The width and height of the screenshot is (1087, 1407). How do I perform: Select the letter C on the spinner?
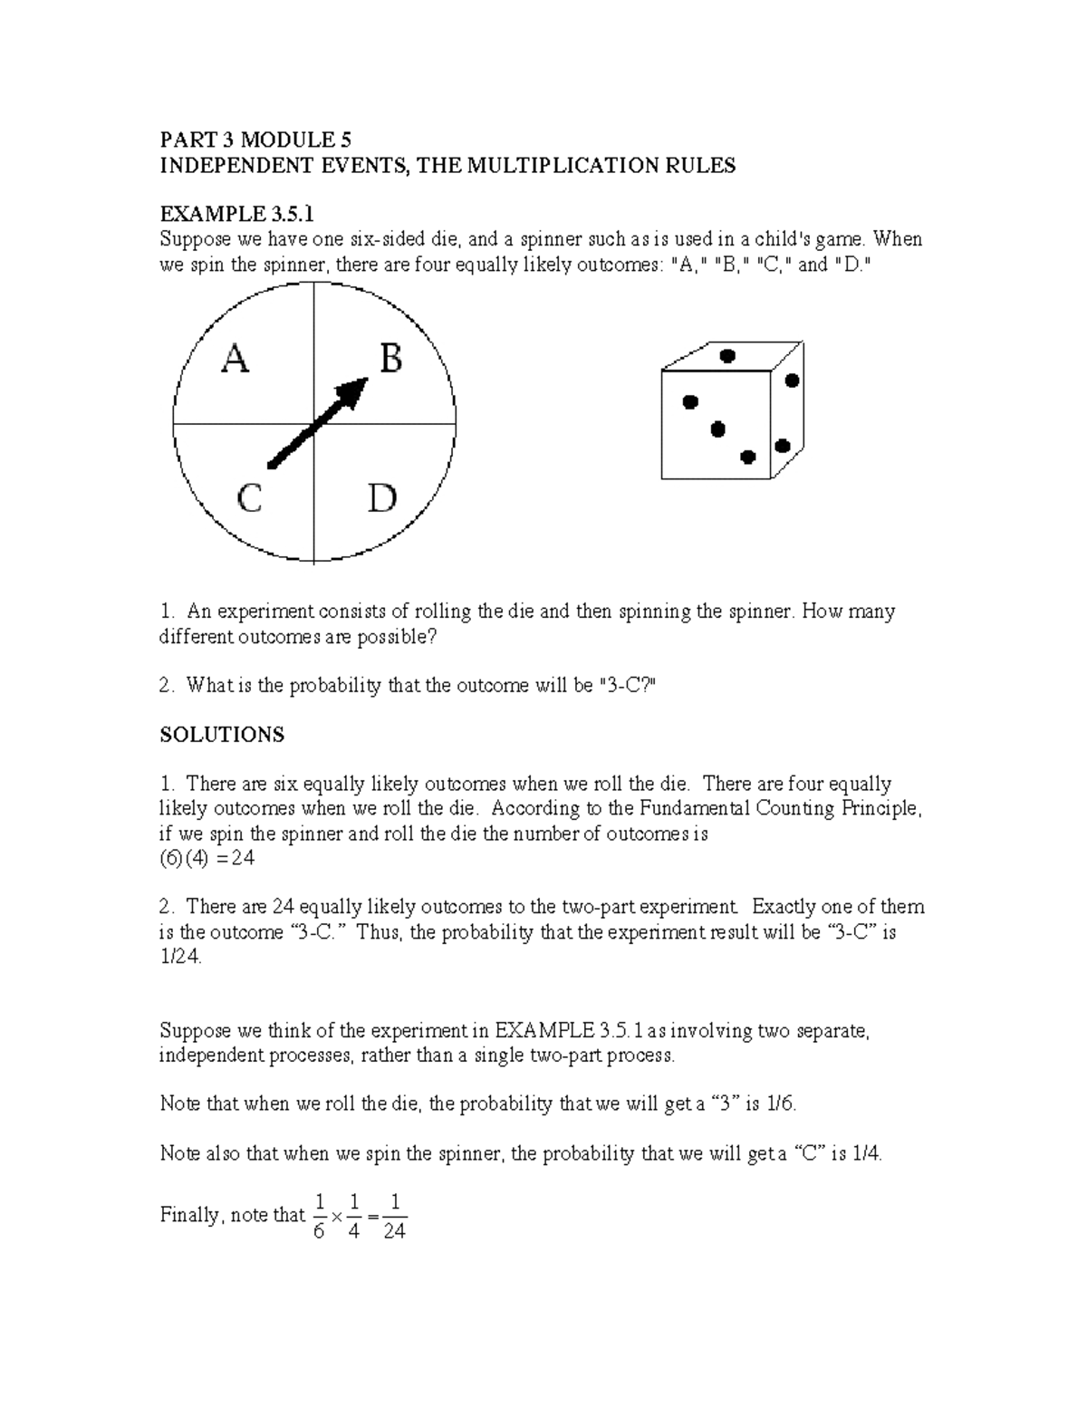click(249, 498)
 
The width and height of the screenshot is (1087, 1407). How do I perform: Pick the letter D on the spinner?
click(382, 498)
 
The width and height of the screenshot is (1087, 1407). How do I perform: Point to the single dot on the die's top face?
click(726, 355)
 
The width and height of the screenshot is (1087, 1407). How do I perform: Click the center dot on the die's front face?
click(718, 429)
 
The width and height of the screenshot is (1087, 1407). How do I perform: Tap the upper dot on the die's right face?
click(793, 381)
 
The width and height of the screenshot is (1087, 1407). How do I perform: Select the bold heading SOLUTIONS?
click(222, 734)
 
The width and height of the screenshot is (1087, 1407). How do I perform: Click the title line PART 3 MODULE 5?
click(255, 140)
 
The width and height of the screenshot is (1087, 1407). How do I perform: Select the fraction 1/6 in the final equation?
click(318, 1216)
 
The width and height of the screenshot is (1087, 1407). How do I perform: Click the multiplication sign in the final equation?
click(337, 1218)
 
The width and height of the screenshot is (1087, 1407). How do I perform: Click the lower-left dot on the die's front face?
click(690, 401)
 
